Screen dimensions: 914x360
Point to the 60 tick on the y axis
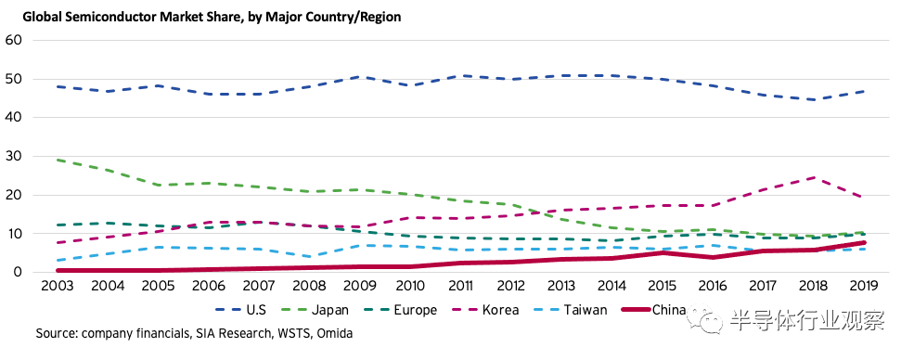(x=13, y=40)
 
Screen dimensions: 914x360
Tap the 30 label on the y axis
(x=13, y=156)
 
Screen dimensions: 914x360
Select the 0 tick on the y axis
(x=18, y=272)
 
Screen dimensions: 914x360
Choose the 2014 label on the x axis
(x=612, y=287)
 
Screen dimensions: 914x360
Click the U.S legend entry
(x=240, y=310)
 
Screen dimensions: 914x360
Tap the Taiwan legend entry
(x=572, y=310)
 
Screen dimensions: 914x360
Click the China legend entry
(x=654, y=310)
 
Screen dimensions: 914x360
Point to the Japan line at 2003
(x=57, y=160)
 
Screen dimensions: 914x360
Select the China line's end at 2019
(x=865, y=242)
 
